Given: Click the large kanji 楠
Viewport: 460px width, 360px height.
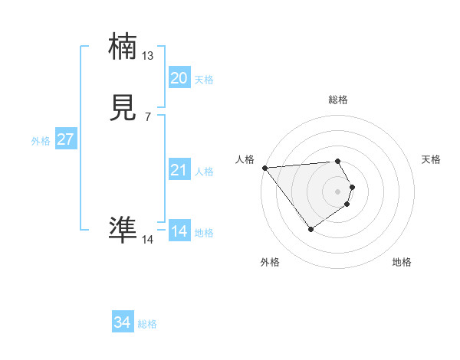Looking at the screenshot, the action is point(123,48).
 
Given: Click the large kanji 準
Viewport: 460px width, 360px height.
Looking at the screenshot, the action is point(123,229).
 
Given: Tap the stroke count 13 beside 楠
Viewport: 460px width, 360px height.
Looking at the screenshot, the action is point(148,56).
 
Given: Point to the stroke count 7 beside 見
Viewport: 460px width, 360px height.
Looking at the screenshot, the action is point(148,117).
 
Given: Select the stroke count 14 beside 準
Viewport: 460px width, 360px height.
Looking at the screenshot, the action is point(148,240).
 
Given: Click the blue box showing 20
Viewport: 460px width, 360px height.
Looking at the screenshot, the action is point(179,78).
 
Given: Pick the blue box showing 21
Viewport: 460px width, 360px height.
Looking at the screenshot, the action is point(179,170).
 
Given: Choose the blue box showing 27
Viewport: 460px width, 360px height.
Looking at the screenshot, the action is point(65,140).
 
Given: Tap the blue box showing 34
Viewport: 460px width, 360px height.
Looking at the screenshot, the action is point(123,322).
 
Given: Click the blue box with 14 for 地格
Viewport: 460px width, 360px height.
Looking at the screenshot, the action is point(179,231).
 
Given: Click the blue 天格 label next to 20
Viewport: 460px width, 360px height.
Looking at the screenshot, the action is point(204,79).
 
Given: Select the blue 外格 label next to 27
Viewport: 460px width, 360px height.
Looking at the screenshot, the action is point(41,141).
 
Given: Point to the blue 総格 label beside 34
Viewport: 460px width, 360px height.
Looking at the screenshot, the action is point(147,324).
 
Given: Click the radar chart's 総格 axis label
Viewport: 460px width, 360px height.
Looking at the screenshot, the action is point(338,100).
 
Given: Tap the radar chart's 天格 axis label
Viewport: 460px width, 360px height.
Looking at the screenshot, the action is point(432,159).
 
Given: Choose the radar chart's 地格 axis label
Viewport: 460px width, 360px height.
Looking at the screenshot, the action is point(402,262).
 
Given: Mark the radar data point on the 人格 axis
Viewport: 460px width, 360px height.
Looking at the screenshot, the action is point(264,168).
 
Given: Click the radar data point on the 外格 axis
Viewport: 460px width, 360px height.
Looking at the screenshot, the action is point(310,229).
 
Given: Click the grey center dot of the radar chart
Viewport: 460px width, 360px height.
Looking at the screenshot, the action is point(338,191).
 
